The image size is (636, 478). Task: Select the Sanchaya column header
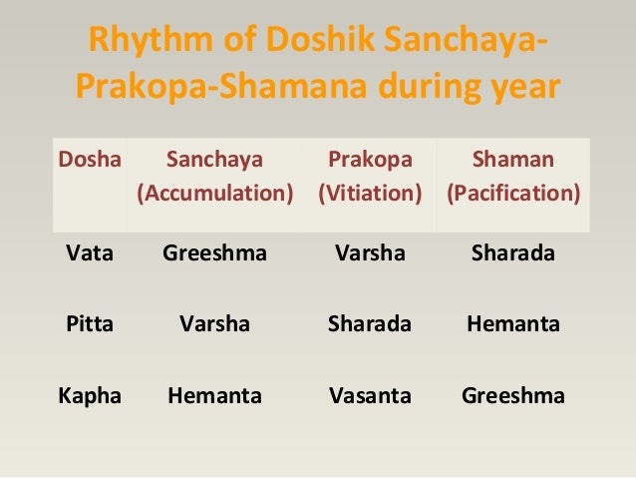click(x=214, y=158)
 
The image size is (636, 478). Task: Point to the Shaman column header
click(x=513, y=158)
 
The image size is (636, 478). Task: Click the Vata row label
click(x=89, y=252)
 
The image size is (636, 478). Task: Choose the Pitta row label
click(x=88, y=323)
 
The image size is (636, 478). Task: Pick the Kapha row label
click(x=89, y=395)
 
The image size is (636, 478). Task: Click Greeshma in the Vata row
click(x=214, y=252)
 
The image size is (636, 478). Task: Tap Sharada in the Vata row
click(x=513, y=252)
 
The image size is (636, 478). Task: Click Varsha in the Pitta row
click(x=214, y=323)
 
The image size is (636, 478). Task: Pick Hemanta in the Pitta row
click(x=513, y=323)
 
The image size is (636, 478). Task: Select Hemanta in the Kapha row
click(x=214, y=395)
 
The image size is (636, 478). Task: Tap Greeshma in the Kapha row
click(x=513, y=395)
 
